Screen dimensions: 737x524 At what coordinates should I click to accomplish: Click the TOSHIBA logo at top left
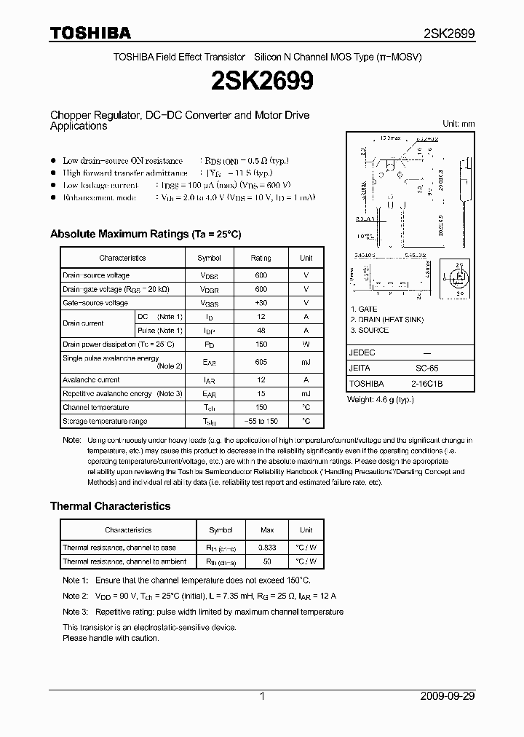click(90, 33)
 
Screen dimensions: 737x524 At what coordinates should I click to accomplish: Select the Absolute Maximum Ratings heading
click(145, 234)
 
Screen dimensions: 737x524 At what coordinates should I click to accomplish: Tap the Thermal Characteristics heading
click(110, 505)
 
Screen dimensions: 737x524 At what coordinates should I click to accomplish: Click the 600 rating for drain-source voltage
click(261, 275)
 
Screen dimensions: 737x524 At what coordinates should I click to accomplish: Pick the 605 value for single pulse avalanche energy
click(261, 362)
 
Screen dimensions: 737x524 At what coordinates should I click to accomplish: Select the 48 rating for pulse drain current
click(261, 331)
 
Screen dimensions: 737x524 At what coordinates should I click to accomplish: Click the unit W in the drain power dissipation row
click(306, 344)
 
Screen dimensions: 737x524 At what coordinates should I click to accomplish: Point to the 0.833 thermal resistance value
click(268, 548)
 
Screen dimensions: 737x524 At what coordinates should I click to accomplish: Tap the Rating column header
click(261, 258)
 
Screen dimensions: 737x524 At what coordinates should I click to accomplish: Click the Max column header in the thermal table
click(268, 530)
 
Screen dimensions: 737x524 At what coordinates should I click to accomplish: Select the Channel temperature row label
click(95, 408)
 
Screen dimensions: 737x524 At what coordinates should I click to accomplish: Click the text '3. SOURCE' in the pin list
click(369, 330)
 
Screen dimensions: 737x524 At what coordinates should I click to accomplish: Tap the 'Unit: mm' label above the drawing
click(458, 124)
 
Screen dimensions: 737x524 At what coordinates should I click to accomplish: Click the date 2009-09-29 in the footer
click(448, 696)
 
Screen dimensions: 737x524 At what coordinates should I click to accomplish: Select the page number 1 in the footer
click(262, 696)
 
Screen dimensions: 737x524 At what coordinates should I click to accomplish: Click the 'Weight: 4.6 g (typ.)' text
click(381, 400)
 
